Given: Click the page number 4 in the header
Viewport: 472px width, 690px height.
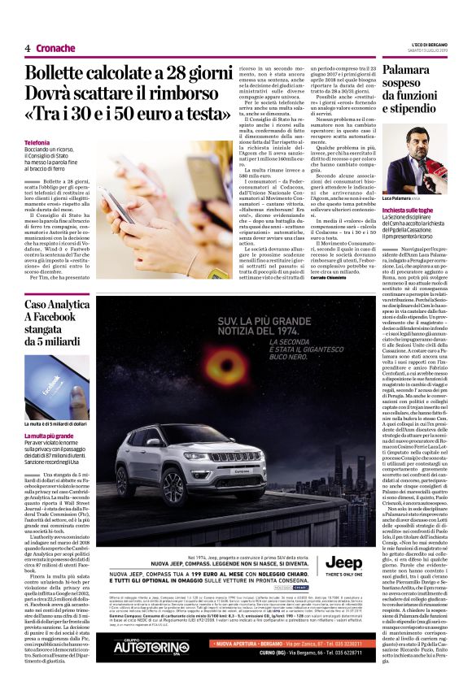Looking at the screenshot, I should (28, 49).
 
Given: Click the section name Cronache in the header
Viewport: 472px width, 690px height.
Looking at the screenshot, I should (55, 49).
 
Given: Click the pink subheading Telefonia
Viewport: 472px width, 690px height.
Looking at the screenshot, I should (37, 143).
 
